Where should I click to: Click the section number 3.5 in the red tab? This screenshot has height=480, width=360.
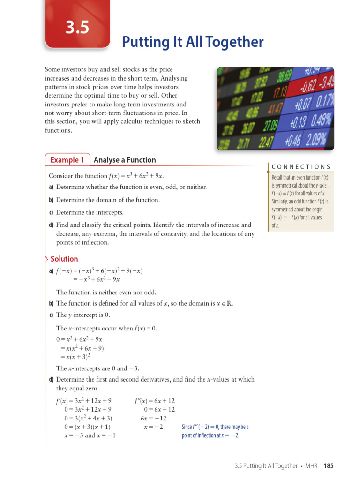point(77,28)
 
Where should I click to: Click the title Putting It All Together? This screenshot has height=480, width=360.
point(193,42)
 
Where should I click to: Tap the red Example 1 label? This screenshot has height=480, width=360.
point(67,160)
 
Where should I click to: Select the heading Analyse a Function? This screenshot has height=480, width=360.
point(125,160)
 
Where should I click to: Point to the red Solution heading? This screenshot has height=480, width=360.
point(64,259)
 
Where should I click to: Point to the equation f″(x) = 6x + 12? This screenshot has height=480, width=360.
point(155,401)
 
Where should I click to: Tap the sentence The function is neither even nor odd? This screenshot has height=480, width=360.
point(106,292)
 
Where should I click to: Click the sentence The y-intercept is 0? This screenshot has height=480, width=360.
point(82,315)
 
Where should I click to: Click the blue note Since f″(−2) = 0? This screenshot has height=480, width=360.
point(215,427)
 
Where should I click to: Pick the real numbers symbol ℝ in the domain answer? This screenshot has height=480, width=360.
point(229,303)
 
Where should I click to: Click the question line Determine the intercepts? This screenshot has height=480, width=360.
point(90,212)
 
